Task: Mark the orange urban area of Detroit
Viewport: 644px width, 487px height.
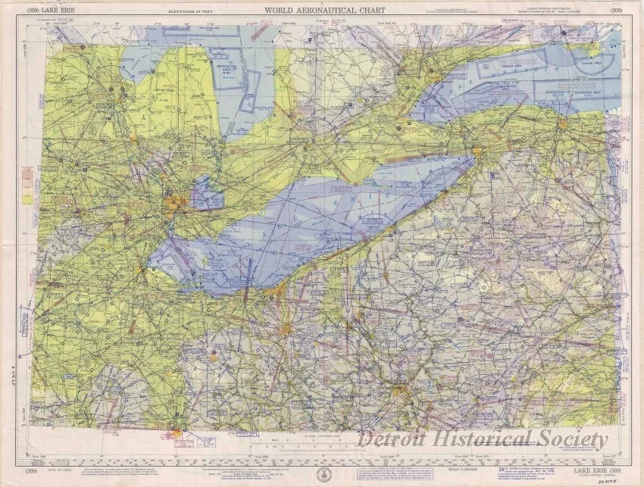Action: coord(177,203)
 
